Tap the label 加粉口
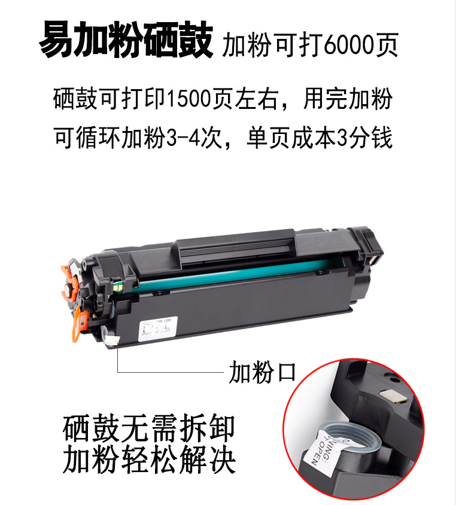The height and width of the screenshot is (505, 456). (263, 372)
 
